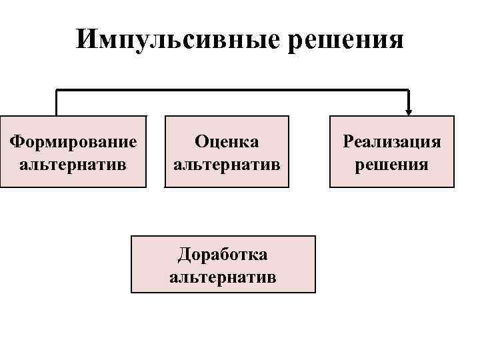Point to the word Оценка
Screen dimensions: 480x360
pos(227,141)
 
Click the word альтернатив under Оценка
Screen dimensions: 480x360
pos(227,163)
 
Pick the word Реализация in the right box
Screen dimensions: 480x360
pos(392,141)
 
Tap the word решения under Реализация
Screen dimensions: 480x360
pos(392,163)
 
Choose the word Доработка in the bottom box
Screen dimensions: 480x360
pos(223,254)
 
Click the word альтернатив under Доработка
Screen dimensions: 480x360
pos(223,276)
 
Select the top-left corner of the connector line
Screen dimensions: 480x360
pos(57,90)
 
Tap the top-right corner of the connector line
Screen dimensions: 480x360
pos(409,90)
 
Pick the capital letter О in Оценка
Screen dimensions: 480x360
pos(200,141)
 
